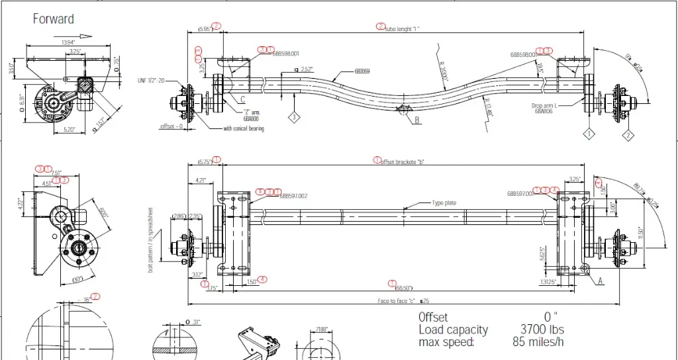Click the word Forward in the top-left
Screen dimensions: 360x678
(54, 19)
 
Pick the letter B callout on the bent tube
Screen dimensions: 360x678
(418, 120)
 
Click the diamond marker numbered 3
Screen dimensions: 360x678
(294, 117)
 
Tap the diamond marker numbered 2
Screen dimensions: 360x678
(628, 135)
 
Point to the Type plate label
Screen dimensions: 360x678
(445, 203)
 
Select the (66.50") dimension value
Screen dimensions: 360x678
(404, 288)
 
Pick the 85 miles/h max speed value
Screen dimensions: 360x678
(539, 342)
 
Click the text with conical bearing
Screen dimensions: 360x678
(243, 128)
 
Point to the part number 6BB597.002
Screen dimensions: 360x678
(295, 196)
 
